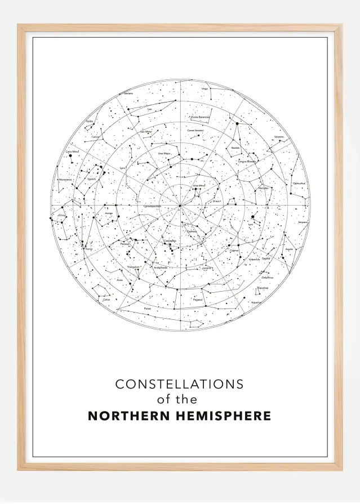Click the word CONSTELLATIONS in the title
coord(179,384)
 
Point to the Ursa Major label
coord(164,153)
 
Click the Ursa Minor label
coord(199,185)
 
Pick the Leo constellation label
coord(149,109)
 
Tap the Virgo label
coord(205,88)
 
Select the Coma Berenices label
coord(200,117)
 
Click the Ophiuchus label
coord(299,183)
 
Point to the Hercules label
coord(263,188)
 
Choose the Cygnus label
coord(234,251)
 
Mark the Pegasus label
coord(197,300)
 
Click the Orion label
coord(61,215)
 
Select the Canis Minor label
coord(72,151)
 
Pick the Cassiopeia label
coord(170,240)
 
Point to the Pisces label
coord(147,309)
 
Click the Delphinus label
coord(267,278)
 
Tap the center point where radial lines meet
coord(180,205)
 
